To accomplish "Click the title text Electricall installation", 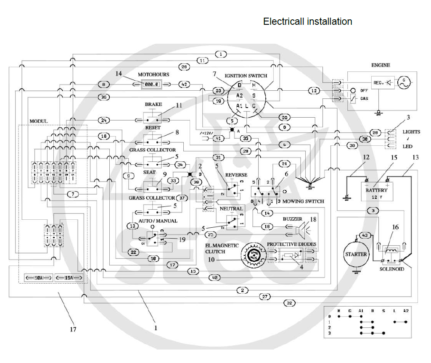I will pyautogui.click(x=307, y=21).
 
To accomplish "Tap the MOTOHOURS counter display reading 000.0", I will pyautogui.click(x=151, y=84).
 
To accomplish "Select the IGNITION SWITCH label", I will pyautogui.click(x=246, y=76).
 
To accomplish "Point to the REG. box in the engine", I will pyautogui.click(x=378, y=83).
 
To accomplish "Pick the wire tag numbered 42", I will pyautogui.click(x=185, y=84).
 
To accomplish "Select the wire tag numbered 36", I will pyautogui.click(x=104, y=97).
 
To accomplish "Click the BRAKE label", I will pyautogui.click(x=153, y=104).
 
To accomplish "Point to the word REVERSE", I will pyautogui.click(x=236, y=175).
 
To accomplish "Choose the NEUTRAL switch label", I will pyautogui.click(x=231, y=209).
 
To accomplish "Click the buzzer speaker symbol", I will pyautogui.click(x=301, y=229).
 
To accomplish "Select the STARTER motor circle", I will pyautogui.click(x=356, y=254).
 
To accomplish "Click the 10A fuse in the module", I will pyautogui.click(x=37, y=278).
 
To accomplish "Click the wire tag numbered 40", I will pyautogui.click(x=215, y=278).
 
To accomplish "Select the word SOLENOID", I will pyautogui.click(x=391, y=269).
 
